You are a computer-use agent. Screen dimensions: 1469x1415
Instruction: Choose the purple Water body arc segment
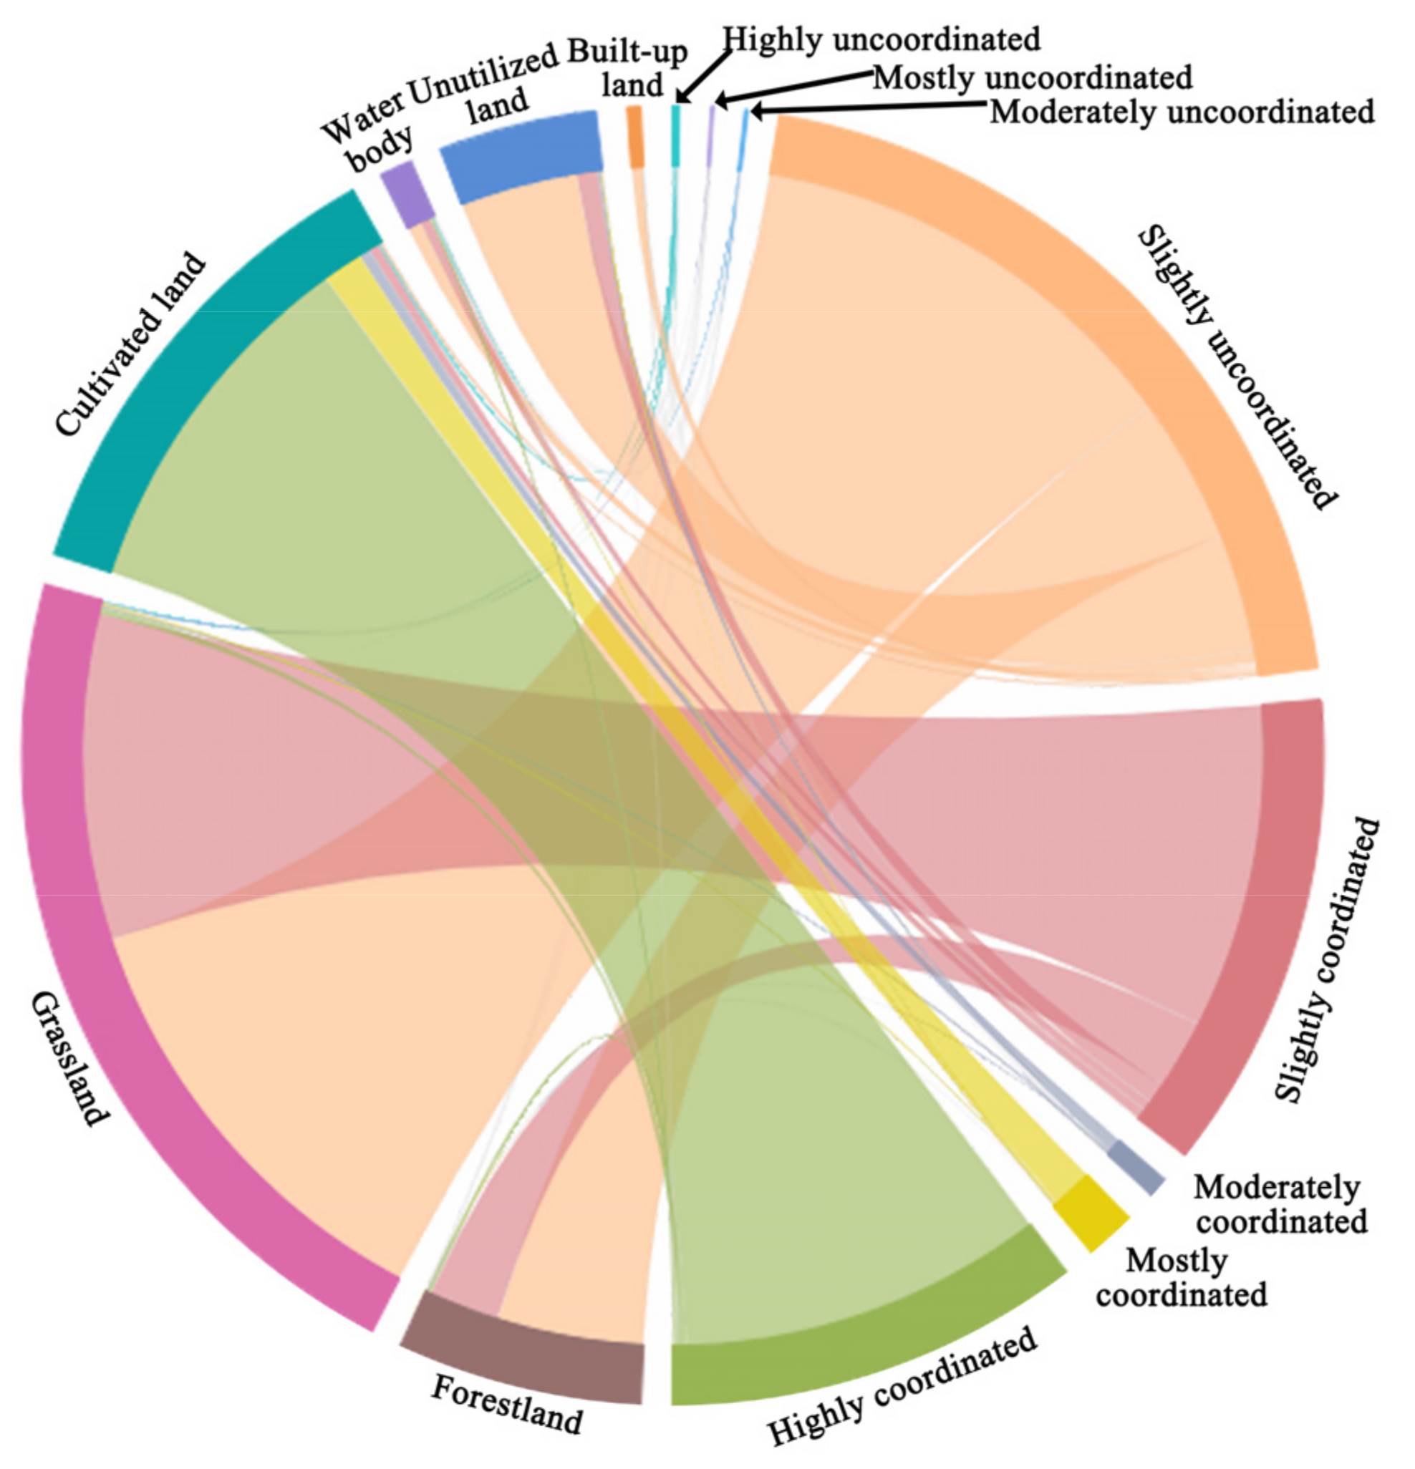pos(407,193)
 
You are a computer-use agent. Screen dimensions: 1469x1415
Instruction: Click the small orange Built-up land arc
pos(635,135)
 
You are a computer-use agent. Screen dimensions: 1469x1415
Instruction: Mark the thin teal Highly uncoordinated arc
pos(675,135)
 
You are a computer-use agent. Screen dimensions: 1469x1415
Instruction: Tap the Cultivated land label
pos(130,344)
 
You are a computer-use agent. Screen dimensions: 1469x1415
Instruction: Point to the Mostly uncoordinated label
pos(1032,77)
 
